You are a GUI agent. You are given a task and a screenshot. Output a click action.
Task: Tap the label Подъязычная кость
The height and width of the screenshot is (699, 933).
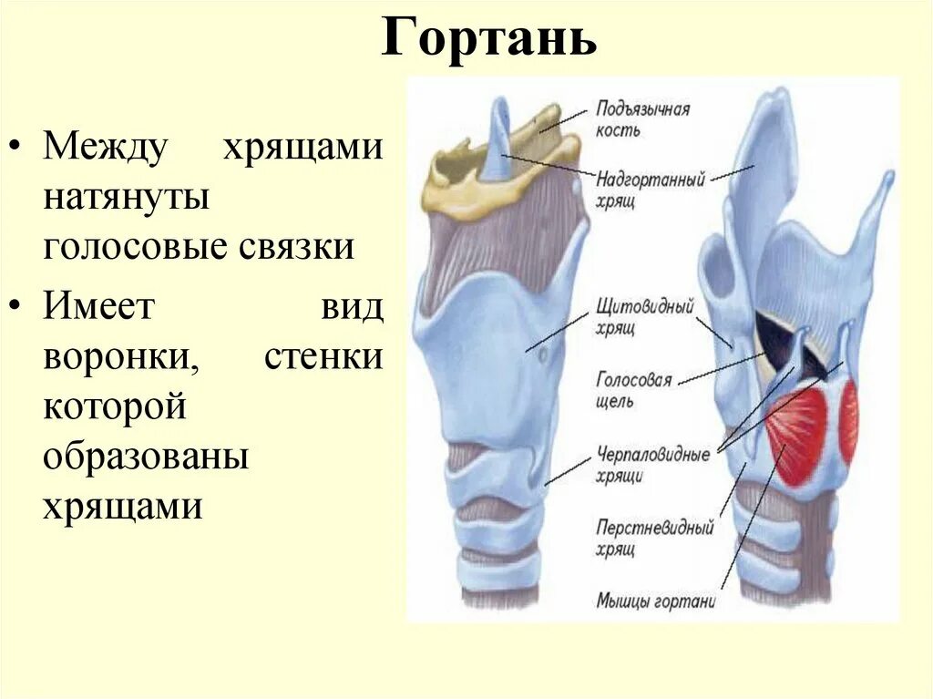tap(642, 119)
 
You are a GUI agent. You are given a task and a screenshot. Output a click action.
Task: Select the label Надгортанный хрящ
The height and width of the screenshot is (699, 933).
tap(651, 189)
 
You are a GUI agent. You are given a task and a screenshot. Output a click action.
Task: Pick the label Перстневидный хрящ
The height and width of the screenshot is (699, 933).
tap(653, 538)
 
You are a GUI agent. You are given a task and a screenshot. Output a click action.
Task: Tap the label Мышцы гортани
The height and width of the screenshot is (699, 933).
tap(655, 601)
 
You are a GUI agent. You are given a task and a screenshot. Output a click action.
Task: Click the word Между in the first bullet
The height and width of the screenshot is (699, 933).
tap(106, 149)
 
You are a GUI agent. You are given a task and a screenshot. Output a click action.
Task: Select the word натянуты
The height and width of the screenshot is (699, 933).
tap(127, 198)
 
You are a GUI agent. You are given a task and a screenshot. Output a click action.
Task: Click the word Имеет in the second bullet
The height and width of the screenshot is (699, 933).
tap(99, 307)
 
